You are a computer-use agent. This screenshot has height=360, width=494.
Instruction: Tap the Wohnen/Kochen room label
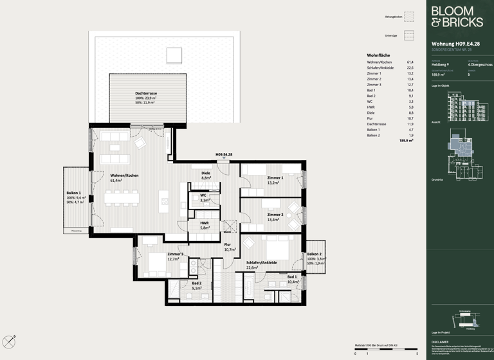125,175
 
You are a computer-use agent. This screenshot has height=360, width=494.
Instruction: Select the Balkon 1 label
74,193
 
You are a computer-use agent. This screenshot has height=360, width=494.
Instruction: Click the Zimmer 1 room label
275,177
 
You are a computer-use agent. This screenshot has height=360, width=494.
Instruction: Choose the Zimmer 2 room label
275,215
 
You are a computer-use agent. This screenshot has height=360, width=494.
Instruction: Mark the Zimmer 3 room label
176,255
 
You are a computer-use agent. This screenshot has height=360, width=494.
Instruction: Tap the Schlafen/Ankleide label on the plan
261,262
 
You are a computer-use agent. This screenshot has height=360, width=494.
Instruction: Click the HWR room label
205,223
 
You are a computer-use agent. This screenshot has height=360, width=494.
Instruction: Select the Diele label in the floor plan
206,173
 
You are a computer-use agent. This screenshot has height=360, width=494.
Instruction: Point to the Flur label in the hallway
228,245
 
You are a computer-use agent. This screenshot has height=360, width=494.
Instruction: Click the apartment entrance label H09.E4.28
223,155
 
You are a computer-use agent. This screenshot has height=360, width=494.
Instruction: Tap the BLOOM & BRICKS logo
457,17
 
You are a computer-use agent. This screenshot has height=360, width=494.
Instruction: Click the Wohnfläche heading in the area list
378,55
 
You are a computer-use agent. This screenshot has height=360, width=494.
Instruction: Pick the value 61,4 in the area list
410,62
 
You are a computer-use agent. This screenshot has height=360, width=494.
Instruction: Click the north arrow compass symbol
9,340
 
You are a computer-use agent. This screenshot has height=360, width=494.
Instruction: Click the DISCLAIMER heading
441,342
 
